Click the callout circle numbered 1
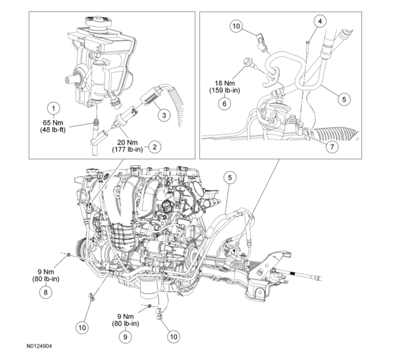pos(53,108)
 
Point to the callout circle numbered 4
pos(321,21)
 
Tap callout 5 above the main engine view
pos(230,178)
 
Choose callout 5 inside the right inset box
pos(344,99)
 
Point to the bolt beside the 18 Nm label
pos(248,64)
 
